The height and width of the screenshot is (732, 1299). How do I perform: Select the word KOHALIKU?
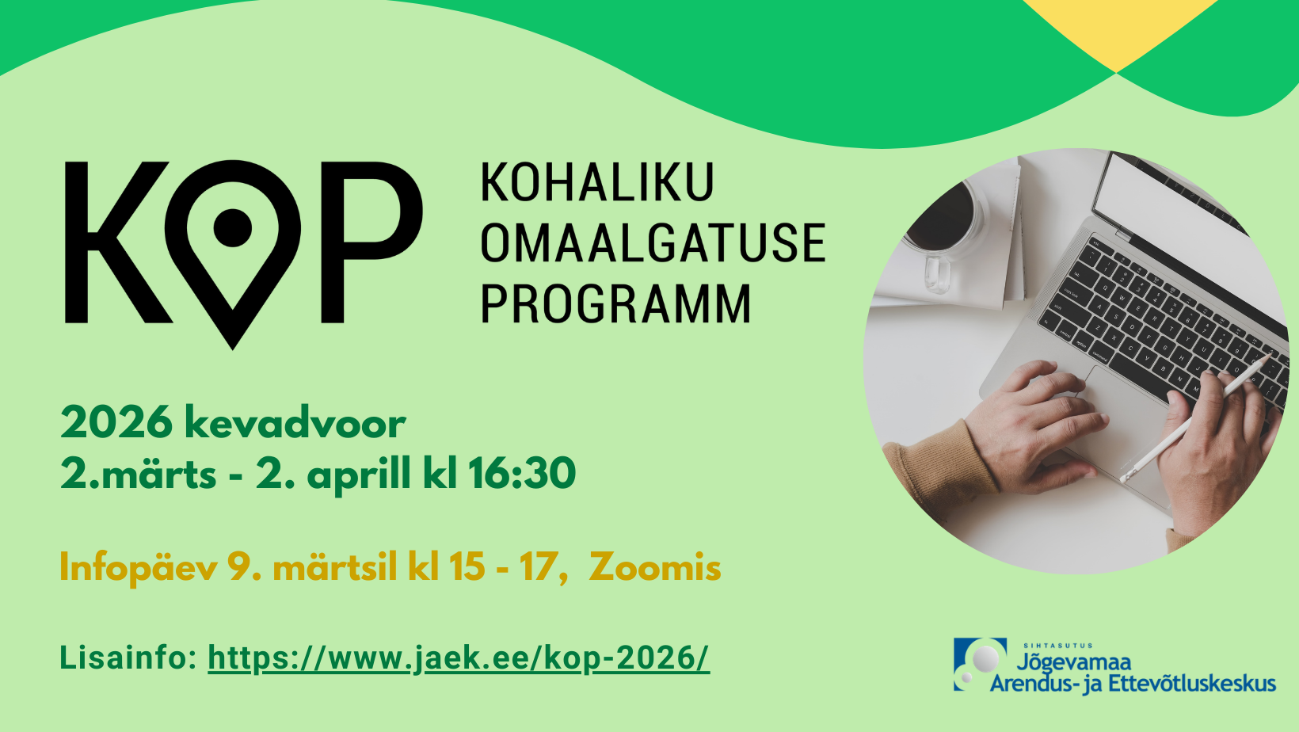coord(597,182)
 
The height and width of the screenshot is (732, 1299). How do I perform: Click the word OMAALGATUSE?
coord(653,242)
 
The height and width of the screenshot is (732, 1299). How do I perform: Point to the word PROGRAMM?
coord(616,303)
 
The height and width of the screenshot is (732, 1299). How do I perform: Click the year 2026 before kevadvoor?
coord(116,423)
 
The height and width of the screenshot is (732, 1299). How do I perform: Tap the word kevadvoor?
coord(295,423)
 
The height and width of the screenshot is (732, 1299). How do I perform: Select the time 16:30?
coord(522,473)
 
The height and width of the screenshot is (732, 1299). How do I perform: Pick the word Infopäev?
coord(139,567)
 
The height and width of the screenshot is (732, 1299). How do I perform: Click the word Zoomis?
coord(655,566)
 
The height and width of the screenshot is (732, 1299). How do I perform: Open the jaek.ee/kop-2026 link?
coord(459,658)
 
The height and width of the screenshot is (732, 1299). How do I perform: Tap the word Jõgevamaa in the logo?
coord(1073,662)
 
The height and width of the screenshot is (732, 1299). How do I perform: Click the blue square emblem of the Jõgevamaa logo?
coord(980,664)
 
